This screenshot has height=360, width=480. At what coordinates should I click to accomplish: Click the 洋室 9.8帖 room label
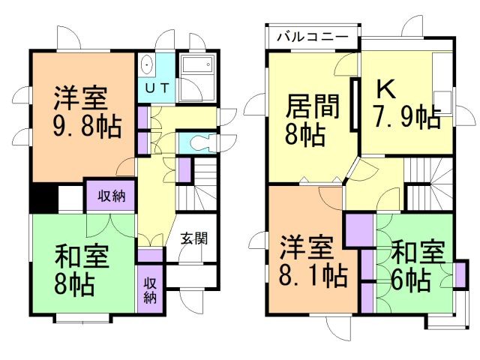[82, 112]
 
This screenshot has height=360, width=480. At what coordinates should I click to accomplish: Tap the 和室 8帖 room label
[82, 270]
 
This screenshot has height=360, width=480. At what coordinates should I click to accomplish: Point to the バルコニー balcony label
[310, 36]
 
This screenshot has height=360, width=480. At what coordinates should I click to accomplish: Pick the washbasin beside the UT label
[145, 64]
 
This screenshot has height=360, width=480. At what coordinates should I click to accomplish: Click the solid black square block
[44, 198]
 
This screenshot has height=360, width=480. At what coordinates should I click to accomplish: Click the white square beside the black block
[70, 198]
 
